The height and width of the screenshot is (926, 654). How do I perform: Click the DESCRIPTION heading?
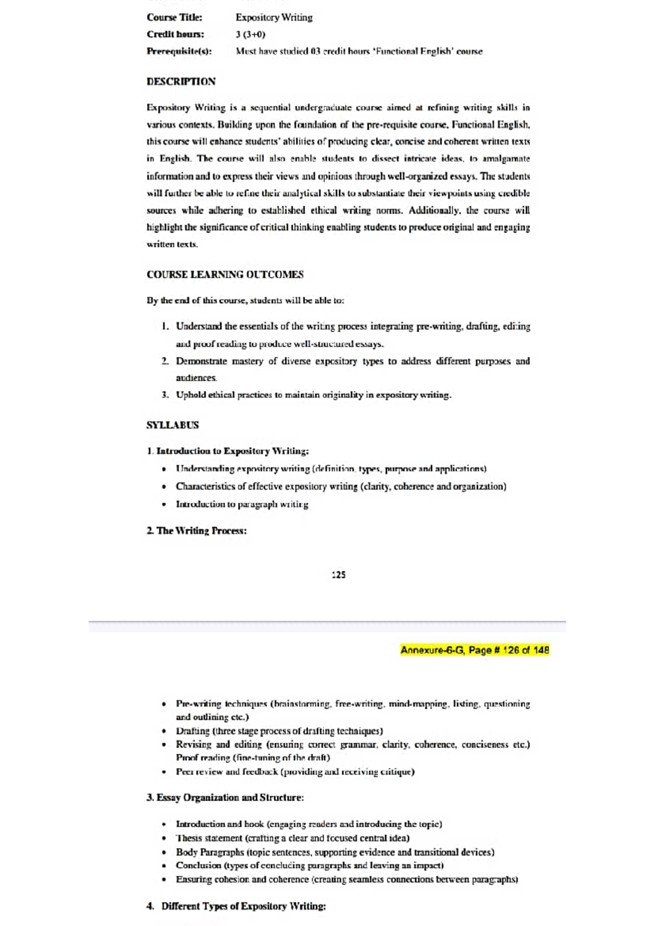181,82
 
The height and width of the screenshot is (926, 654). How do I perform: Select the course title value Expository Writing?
274,17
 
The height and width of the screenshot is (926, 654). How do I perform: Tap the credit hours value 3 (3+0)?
250,34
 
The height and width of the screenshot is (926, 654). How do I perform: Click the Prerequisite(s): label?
179,51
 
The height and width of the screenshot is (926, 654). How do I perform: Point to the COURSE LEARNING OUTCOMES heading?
225,274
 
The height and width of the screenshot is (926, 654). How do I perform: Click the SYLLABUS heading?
172,425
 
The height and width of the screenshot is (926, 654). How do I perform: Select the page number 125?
338,574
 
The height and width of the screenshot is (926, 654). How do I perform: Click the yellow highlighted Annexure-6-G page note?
474,650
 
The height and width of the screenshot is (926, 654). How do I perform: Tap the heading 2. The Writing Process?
197,531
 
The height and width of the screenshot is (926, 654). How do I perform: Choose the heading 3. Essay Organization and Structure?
225,797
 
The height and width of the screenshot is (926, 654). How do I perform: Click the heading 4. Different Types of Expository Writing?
236,906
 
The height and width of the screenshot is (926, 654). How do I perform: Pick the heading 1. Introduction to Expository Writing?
228,451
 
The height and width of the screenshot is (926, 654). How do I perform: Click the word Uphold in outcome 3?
191,395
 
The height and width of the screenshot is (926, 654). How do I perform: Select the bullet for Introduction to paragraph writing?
164,504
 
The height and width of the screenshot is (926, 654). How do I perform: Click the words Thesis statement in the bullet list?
209,838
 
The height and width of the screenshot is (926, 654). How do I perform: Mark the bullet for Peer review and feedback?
164,772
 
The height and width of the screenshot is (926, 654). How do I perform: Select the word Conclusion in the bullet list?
198,865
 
